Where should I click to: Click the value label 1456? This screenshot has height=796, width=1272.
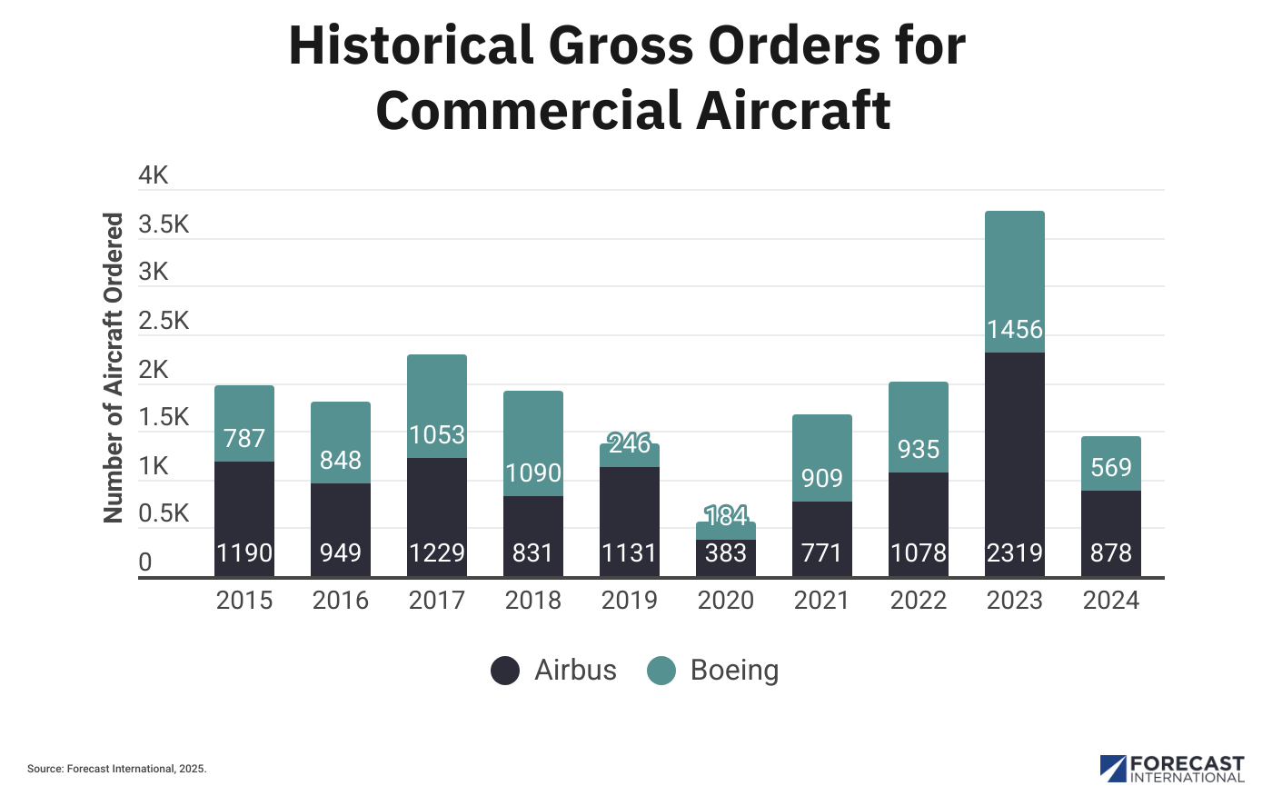click(x=1014, y=329)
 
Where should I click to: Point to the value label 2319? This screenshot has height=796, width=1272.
click(x=1014, y=552)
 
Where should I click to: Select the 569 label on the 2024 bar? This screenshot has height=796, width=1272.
click(x=1110, y=467)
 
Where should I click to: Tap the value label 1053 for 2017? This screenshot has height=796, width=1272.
click(x=436, y=435)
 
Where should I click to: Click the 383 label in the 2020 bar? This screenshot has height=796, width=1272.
click(x=725, y=552)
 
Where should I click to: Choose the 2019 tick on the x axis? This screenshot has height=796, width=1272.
click(x=629, y=601)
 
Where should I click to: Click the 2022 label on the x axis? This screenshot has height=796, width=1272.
click(x=918, y=601)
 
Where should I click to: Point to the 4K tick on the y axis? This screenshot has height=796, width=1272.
click(x=154, y=175)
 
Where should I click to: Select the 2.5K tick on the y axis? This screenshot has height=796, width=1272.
click(x=164, y=321)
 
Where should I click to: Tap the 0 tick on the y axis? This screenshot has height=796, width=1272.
click(x=145, y=562)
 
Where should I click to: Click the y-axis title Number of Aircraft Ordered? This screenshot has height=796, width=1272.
click(x=113, y=368)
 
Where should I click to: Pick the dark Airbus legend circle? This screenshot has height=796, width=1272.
click(x=505, y=671)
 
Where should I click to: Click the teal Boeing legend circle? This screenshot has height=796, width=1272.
click(x=661, y=671)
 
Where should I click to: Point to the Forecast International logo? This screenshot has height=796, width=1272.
click(x=1171, y=769)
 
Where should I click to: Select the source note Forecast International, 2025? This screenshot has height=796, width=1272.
click(x=117, y=769)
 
